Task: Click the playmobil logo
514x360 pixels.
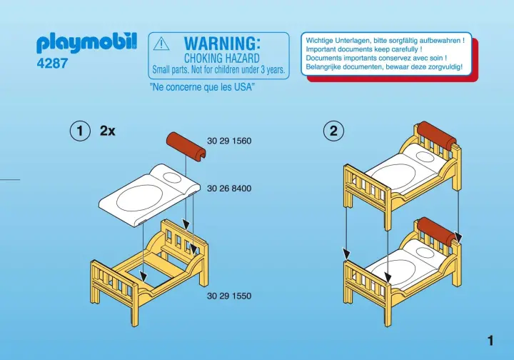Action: point(86,44)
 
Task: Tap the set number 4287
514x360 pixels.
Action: point(52,63)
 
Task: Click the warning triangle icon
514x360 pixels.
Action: point(161,44)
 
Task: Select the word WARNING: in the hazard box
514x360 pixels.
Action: point(222,44)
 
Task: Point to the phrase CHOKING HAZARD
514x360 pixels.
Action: point(221,59)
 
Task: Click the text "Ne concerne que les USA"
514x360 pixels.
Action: point(202,87)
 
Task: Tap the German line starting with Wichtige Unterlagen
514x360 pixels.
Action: point(385,41)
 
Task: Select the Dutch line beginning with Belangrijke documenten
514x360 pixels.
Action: point(384,67)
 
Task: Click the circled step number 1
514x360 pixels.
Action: point(80,131)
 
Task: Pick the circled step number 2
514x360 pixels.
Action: point(333,131)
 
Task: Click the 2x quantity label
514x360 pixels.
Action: point(108,131)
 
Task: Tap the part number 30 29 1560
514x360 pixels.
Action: point(229,141)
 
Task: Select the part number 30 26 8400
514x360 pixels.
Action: point(229,189)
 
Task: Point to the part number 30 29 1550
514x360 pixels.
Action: point(229,296)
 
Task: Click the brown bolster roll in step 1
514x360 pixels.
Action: point(186,147)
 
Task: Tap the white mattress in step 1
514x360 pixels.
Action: point(149,195)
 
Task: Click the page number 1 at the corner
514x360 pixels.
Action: point(490,341)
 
